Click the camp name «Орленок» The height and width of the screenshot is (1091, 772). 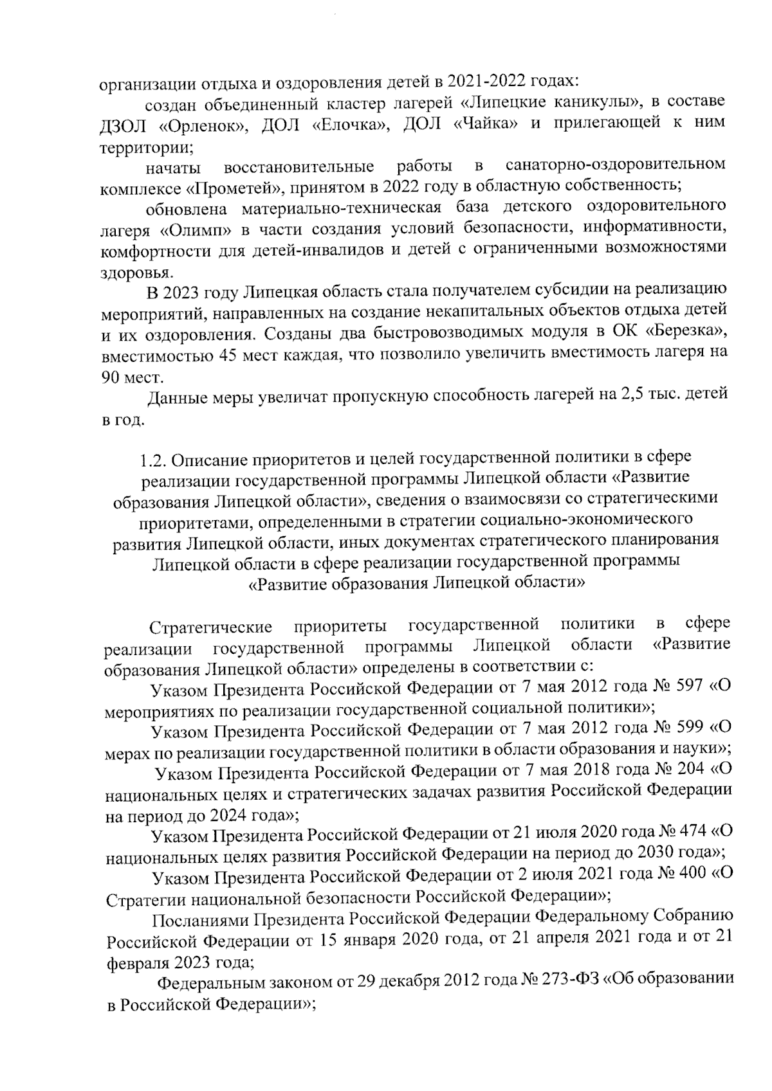204,126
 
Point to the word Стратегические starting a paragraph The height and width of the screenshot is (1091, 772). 210,626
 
